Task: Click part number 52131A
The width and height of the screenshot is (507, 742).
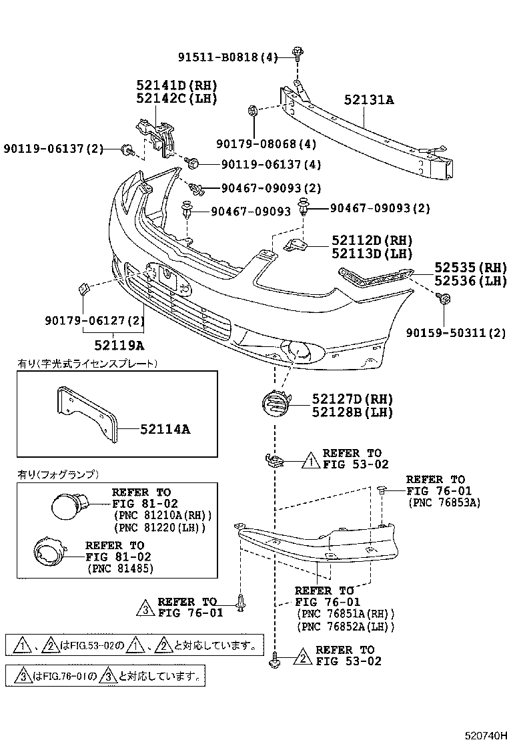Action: (369, 100)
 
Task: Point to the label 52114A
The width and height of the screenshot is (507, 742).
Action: (165, 430)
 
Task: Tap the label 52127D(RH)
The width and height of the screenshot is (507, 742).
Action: (352, 399)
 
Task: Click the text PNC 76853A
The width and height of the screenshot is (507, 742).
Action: (444, 502)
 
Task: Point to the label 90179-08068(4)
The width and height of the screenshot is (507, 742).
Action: (266, 143)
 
